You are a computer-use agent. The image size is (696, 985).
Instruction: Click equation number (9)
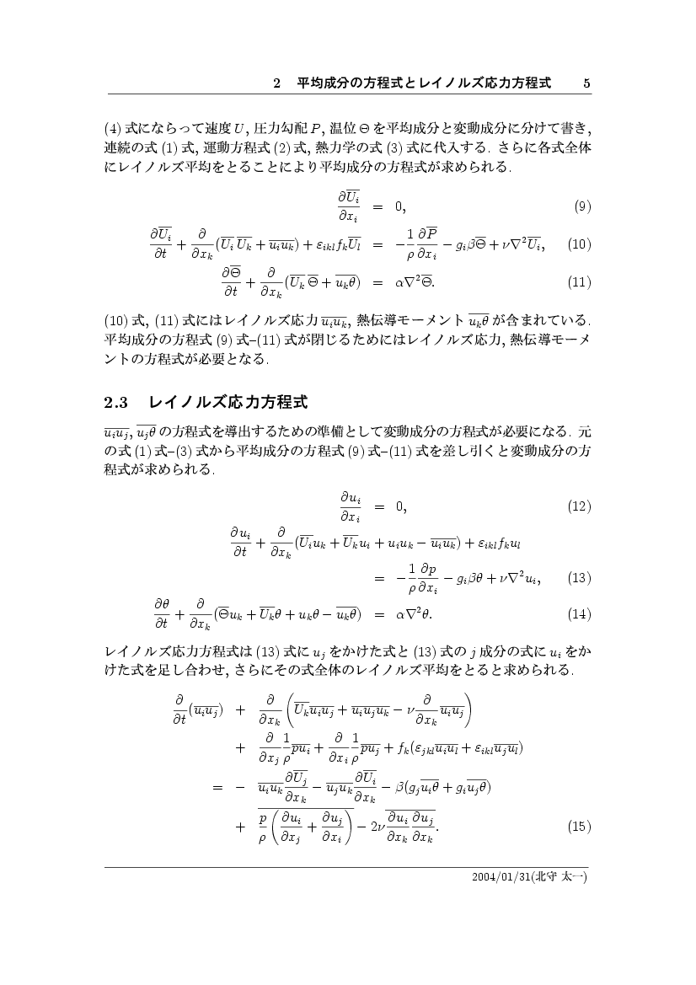[x=581, y=206]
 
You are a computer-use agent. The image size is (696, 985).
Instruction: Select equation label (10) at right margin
[x=579, y=244]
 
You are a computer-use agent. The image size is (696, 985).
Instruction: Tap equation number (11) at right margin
[x=579, y=282]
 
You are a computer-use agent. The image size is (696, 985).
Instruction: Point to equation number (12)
[x=579, y=506]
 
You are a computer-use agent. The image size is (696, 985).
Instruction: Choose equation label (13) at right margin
[x=579, y=578]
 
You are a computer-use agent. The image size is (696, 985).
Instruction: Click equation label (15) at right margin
[x=579, y=827]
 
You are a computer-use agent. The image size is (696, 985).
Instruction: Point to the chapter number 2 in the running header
[x=277, y=83]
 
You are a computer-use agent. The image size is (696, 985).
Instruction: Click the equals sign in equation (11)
[x=378, y=282]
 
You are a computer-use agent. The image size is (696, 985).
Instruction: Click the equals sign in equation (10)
[x=378, y=244]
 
